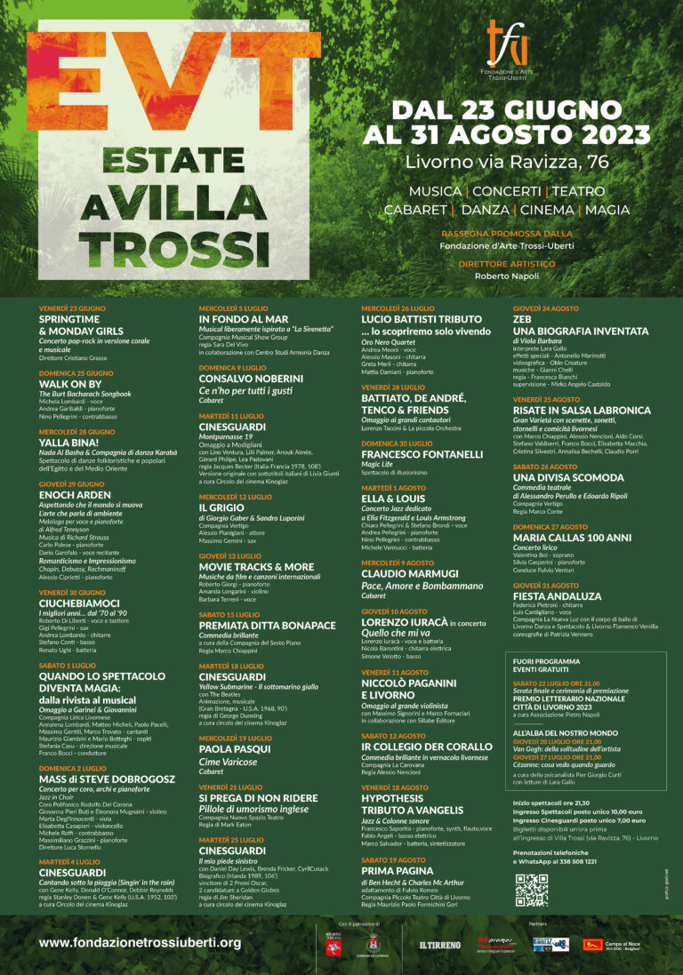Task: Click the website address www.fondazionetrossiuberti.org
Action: [140, 942]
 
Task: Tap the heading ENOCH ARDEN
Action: [76, 495]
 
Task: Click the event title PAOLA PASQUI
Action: [234, 748]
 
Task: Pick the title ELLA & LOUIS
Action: [395, 499]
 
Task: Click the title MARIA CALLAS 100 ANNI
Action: [571, 538]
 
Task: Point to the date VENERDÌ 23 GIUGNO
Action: [72, 308]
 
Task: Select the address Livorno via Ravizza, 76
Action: [507, 162]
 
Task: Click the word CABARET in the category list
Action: [416, 210]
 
